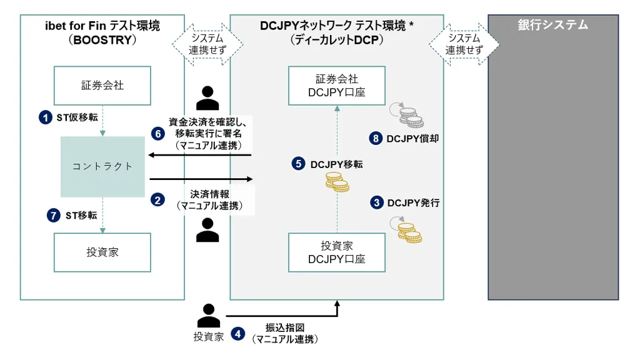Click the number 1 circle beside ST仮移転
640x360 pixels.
[x=45, y=117]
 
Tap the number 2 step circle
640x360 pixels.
[x=157, y=199]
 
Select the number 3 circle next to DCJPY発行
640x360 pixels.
[x=377, y=202]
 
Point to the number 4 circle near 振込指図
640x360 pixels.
[x=237, y=334]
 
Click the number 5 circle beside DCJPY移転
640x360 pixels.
[x=298, y=164]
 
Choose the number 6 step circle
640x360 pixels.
[x=158, y=134]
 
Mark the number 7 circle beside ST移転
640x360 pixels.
[x=54, y=215]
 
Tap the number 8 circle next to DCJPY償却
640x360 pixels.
[x=376, y=138]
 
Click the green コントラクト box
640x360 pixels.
[x=102, y=166]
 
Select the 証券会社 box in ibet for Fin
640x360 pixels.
[x=102, y=86]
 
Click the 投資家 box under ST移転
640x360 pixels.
[x=102, y=252]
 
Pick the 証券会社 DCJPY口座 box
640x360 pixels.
[x=337, y=86]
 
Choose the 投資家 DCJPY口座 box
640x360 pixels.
[x=337, y=252]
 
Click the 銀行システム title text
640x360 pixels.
[x=553, y=25]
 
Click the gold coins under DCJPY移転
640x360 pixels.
[x=337, y=182]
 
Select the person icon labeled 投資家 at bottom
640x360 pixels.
[x=209, y=316]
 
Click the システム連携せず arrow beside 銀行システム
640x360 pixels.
[x=464, y=44]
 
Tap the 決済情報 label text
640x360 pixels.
[x=210, y=194]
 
